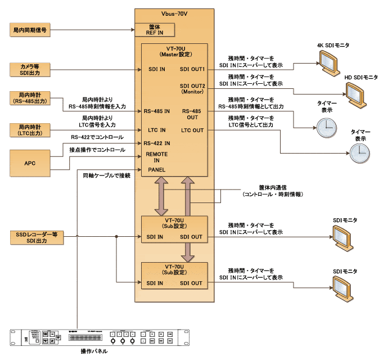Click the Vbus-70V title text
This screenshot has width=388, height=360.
(x=175, y=11)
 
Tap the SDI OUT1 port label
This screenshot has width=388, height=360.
(x=193, y=69)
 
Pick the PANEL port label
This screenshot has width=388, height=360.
(x=156, y=169)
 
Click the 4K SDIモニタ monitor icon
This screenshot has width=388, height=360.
(x=327, y=58)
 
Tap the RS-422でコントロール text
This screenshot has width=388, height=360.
(x=97, y=137)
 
